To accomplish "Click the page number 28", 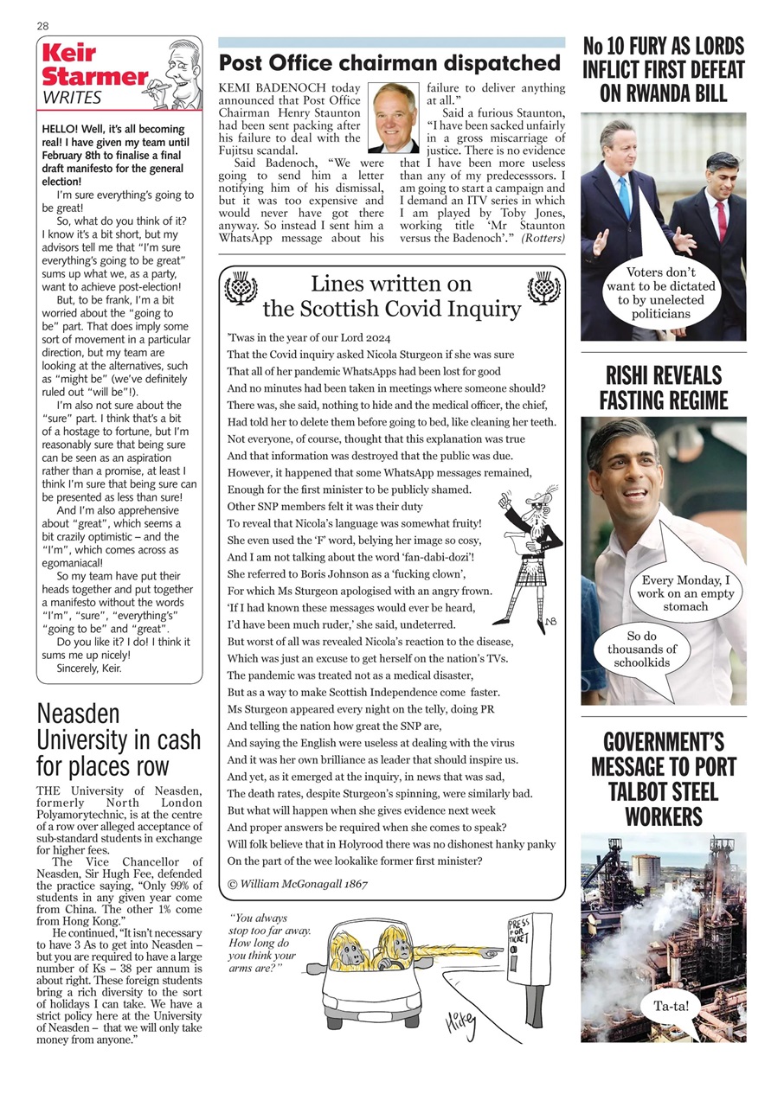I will tap(42, 26).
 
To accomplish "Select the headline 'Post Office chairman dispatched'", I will tap(389, 63).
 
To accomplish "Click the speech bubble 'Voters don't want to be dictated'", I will tap(660, 292).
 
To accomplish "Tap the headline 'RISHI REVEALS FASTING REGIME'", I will tap(663, 388).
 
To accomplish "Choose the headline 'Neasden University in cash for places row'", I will tap(119, 740).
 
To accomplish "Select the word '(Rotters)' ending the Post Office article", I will tap(543, 239).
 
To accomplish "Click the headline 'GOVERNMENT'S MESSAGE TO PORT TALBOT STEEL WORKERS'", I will tap(663, 779).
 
